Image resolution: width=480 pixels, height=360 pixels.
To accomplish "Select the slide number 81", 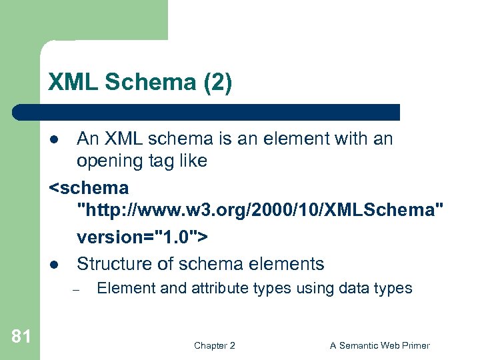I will (x=21, y=337).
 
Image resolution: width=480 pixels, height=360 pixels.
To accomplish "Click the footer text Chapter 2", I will (x=214, y=345).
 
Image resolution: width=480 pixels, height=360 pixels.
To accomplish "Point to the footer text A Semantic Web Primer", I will (x=380, y=345).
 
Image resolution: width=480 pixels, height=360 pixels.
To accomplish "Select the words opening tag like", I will (x=142, y=161).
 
